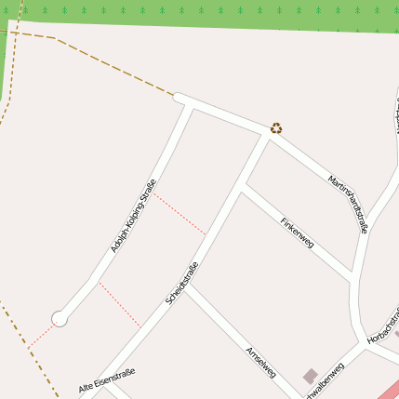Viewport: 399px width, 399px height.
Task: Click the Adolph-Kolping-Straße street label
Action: click(133, 216)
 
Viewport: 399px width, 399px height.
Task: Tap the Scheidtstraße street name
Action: click(181, 283)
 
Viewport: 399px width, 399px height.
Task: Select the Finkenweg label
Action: click(298, 233)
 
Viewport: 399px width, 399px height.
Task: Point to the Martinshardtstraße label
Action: click(349, 204)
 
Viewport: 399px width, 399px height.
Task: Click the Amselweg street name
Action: click(260, 362)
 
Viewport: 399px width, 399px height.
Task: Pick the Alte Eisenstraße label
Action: click(107, 379)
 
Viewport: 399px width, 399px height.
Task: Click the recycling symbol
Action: click(276, 128)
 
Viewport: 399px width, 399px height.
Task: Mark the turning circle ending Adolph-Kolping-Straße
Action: click(60, 319)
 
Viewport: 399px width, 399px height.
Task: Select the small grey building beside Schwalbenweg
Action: click(310, 376)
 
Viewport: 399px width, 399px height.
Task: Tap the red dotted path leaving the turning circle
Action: click(42, 335)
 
